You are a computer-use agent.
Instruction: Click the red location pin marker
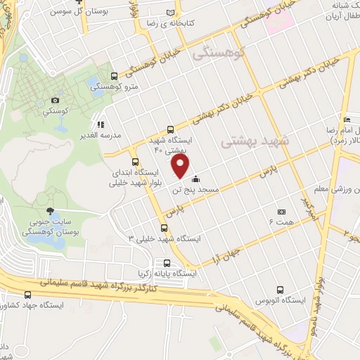[x=181, y=166]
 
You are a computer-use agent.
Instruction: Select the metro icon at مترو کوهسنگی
[x=114, y=77]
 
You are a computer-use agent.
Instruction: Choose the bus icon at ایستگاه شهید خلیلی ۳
[x=165, y=228]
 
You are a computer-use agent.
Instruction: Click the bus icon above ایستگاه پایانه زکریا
[x=166, y=263]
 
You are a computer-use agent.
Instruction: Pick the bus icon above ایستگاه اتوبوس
[x=281, y=289]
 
